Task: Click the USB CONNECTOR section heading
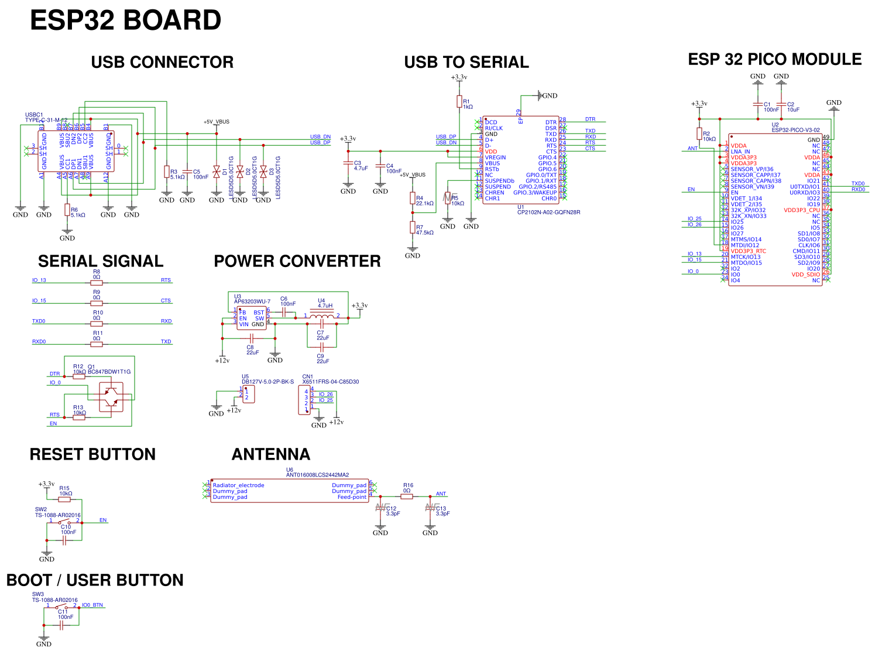162,62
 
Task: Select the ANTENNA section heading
270,454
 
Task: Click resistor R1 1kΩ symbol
459,102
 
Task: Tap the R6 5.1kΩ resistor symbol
67,210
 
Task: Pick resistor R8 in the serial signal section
97,283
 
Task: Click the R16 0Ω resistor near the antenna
407,497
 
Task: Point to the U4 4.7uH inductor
321,316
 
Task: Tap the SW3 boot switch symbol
61,607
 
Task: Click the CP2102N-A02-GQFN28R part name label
548,213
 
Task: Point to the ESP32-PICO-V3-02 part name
795,130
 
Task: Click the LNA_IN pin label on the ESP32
740,152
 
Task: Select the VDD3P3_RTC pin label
748,251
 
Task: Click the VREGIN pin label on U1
495,157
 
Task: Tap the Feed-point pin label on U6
352,497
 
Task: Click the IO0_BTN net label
92,605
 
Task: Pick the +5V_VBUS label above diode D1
217,122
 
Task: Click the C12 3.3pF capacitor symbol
381,508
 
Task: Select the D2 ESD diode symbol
240,172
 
